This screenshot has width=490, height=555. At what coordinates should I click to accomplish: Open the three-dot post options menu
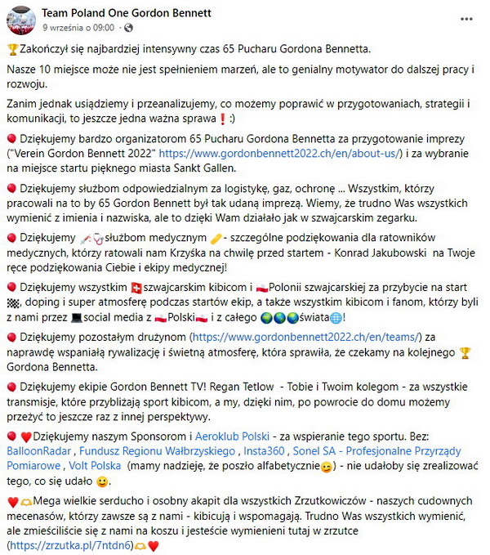coord(466,18)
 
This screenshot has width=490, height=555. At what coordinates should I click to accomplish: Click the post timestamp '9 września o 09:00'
coord(78,27)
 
